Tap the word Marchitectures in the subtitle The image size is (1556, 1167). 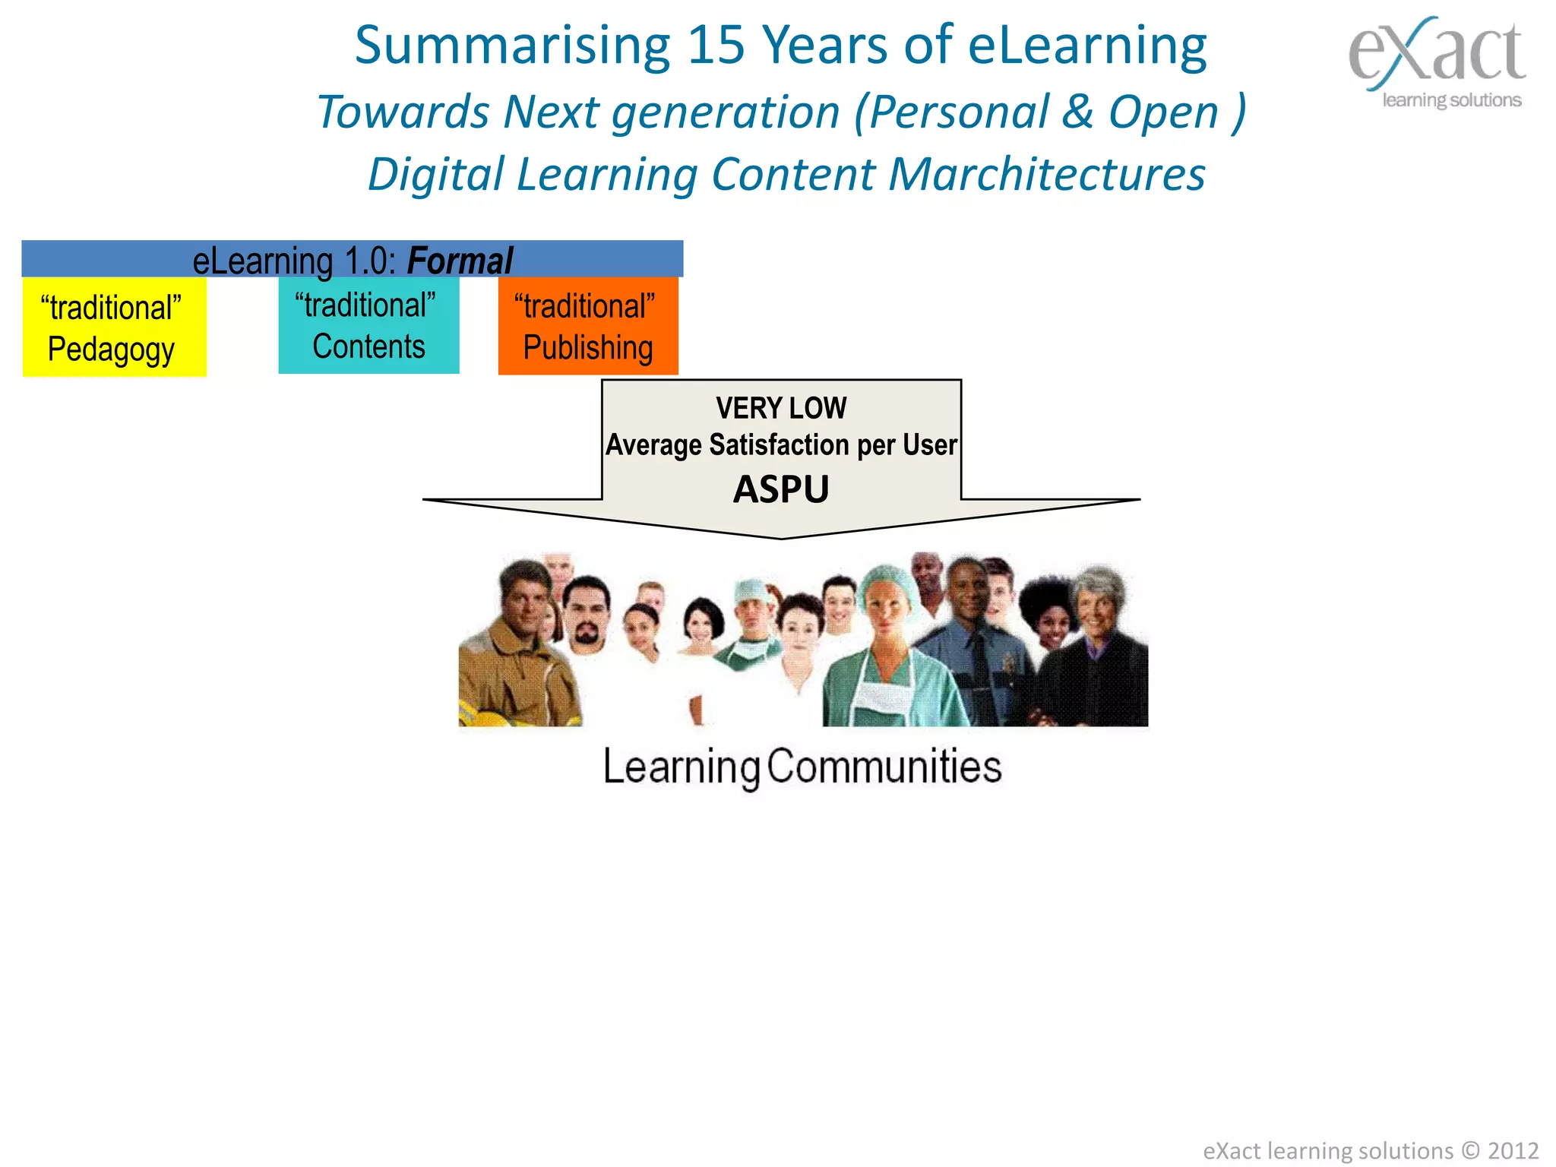[1047, 175]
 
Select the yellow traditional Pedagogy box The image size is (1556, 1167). [114, 327]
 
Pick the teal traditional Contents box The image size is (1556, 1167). [368, 325]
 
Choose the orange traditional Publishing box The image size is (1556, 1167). [588, 326]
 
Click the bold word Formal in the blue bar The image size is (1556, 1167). [460, 261]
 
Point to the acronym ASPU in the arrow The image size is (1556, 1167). [781, 489]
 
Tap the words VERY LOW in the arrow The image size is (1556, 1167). [781, 408]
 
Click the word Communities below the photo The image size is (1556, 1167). [884, 766]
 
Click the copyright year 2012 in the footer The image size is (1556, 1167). [1513, 1150]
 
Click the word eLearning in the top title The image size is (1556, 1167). [1087, 46]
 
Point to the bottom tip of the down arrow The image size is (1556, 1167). [781, 537]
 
